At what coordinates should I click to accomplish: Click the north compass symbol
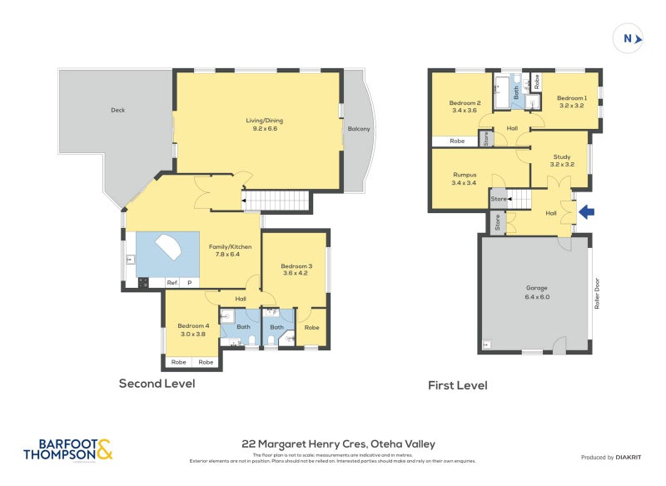click(628, 38)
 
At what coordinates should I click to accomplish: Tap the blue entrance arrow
click(587, 212)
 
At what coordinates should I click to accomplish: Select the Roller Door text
click(598, 293)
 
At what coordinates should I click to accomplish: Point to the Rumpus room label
click(464, 178)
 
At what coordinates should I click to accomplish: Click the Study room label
click(562, 160)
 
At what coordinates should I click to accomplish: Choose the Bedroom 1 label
click(572, 102)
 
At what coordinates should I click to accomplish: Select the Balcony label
click(359, 129)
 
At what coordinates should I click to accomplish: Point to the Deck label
click(117, 110)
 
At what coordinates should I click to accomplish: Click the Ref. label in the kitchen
click(172, 283)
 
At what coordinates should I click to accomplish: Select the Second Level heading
click(157, 384)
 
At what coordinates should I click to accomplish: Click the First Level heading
click(457, 385)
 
